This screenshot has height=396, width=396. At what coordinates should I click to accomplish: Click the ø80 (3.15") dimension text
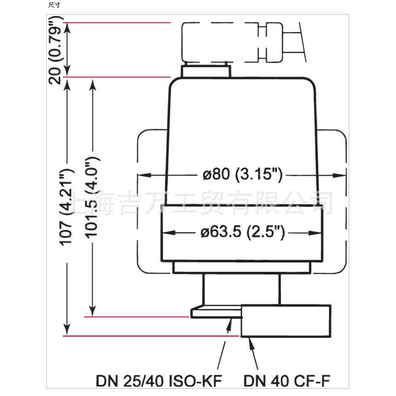242,174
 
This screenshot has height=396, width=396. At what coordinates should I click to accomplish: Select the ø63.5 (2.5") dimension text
242,232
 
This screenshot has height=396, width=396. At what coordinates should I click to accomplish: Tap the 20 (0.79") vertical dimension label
55,50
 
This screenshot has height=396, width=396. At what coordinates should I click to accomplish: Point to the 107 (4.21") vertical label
66,206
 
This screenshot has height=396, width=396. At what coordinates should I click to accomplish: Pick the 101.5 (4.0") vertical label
92,197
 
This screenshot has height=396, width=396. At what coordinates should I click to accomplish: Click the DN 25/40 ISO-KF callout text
159,381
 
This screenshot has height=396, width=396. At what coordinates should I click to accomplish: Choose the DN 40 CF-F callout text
287,381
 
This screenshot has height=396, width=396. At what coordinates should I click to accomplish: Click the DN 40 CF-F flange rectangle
285,321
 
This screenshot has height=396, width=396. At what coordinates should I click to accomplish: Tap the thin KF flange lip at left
216,313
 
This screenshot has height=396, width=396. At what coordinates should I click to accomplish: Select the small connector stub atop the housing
206,71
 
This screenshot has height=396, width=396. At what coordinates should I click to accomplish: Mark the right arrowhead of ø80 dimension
339,175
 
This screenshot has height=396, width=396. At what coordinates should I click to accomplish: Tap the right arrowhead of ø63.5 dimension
315,233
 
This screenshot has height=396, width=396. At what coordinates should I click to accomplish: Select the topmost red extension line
117,23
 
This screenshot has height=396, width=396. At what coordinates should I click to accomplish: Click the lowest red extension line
151,336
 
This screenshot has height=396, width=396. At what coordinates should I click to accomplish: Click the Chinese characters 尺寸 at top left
54,5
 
